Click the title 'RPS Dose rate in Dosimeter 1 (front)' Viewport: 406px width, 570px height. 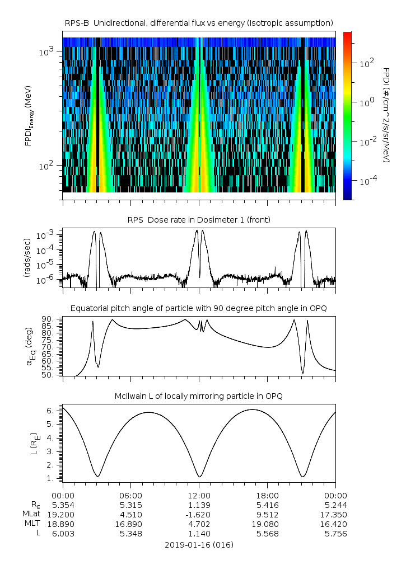[199, 220]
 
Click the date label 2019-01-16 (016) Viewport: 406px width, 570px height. [199, 545]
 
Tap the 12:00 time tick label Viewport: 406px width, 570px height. [199, 496]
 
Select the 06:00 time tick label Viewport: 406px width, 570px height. [130, 496]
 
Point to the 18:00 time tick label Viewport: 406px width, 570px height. [267, 496]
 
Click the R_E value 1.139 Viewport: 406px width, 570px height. [199, 505]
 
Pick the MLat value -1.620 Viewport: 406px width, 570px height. [199, 515]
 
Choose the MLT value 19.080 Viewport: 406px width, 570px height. [267, 524]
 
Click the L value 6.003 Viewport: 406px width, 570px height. [63, 534]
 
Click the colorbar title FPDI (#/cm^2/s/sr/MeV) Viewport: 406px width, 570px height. [387, 115]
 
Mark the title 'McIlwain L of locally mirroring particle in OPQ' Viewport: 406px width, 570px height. [199, 396]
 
